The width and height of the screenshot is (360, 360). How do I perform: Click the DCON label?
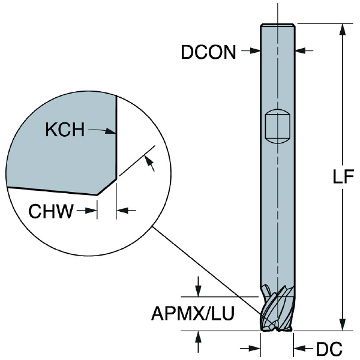click(208, 52)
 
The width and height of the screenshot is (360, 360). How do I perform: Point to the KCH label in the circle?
click(65, 129)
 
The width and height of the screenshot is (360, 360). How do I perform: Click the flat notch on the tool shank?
click(277, 125)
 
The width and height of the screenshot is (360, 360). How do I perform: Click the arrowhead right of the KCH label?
click(111, 129)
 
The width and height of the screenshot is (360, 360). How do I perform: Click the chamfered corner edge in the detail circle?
click(108, 185)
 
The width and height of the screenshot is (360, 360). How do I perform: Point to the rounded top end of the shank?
click(277, 25)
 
